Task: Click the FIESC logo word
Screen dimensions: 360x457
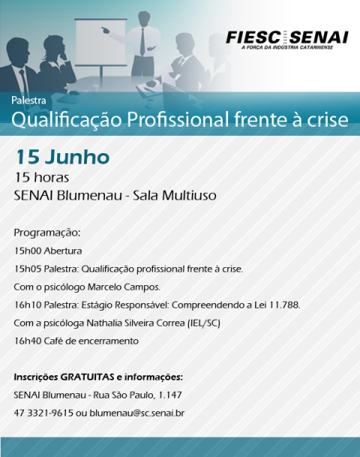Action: (x=253, y=38)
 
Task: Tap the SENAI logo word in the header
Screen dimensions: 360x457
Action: (x=319, y=38)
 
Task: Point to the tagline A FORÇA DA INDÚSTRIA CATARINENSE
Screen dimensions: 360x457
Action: (x=287, y=47)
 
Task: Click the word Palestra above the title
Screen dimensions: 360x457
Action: (x=28, y=101)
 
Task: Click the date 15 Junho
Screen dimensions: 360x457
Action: (x=62, y=157)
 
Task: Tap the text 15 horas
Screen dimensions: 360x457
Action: (x=42, y=178)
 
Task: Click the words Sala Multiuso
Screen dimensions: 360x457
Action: (x=175, y=196)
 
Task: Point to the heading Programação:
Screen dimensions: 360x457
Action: (x=47, y=233)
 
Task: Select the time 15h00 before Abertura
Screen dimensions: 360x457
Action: (x=28, y=251)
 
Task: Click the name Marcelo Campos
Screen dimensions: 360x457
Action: (x=124, y=287)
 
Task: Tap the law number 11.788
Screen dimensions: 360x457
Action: (x=284, y=305)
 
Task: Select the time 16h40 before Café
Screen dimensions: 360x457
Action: (x=28, y=341)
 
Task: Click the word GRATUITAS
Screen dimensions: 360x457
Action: (x=87, y=377)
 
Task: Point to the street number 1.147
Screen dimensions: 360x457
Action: (x=169, y=395)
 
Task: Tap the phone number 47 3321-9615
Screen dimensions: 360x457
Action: (x=43, y=413)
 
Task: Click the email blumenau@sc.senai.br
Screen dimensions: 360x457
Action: (x=137, y=413)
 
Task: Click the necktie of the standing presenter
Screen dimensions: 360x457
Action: (x=142, y=42)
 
